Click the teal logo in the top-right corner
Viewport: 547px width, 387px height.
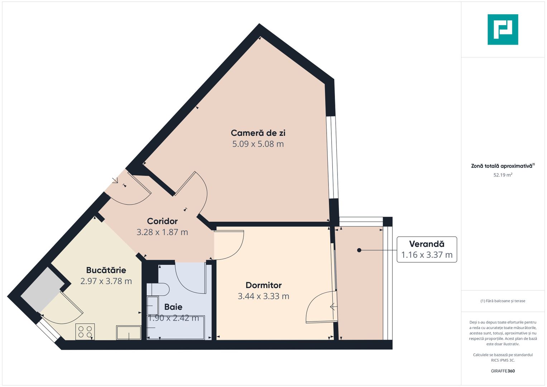pyautogui.click(x=503, y=29)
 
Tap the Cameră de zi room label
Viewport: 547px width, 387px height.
pyautogui.click(x=258, y=133)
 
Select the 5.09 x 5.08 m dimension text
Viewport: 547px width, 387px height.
pyautogui.click(x=258, y=144)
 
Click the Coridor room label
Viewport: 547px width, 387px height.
pyautogui.click(x=162, y=221)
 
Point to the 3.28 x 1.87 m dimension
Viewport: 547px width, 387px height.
pyautogui.click(x=162, y=232)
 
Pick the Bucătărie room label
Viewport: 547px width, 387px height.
pyautogui.click(x=106, y=270)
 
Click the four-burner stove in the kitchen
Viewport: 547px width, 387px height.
pyautogui.click(x=85, y=331)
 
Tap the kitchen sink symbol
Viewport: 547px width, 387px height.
pyautogui.click(x=129, y=333)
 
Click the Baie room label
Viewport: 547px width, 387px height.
pyautogui.click(x=173, y=307)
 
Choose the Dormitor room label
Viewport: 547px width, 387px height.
pyautogui.click(x=264, y=285)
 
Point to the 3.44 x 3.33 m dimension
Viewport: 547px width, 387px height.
pyautogui.click(x=264, y=296)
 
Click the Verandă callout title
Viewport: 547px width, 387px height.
pyautogui.click(x=427, y=244)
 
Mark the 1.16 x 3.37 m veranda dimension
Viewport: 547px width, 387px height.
pyautogui.click(x=427, y=255)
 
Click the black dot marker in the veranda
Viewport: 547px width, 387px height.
pyautogui.click(x=359, y=250)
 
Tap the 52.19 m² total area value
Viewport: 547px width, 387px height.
pyautogui.click(x=503, y=175)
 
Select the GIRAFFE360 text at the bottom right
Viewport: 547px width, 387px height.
pyautogui.click(x=503, y=371)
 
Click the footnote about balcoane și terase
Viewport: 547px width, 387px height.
pyautogui.click(x=503, y=301)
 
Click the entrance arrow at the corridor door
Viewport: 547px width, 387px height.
pyautogui.click(x=115, y=180)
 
